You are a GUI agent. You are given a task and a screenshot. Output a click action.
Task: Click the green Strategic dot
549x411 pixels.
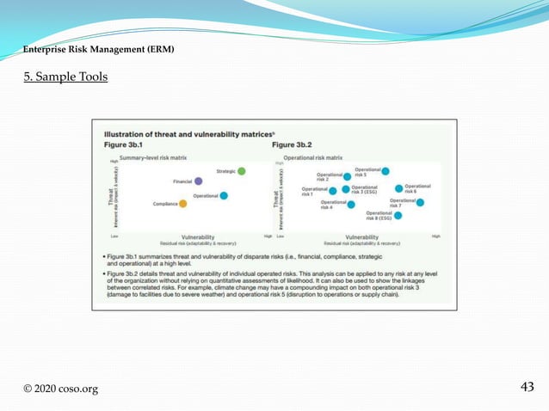(x=242, y=171)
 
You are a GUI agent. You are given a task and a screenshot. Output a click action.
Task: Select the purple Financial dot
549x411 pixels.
(x=199, y=181)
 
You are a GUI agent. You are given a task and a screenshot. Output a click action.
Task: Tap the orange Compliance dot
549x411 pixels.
(x=183, y=204)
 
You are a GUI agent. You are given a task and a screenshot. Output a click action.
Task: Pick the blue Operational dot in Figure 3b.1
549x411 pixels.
(x=224, y=196)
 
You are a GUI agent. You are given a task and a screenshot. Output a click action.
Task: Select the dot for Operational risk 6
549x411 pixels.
(x=398, y=188)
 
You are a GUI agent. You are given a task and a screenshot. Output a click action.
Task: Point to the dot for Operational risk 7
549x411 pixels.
(x=420, y=202)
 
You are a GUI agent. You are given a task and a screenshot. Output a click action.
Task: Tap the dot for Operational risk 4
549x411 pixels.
(x=351, y=205)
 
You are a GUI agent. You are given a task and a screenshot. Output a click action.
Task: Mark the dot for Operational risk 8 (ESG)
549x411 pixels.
(x=399, y=216)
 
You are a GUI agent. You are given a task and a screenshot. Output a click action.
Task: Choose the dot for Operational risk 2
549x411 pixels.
(x=347, y=177)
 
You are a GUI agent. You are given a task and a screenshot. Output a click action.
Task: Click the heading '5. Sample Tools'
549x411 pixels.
(x=65, y=77)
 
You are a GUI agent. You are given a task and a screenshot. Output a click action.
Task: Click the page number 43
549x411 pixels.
(x=528, y=387)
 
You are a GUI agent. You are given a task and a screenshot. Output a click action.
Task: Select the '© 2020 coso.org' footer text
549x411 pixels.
(x=60, y=389)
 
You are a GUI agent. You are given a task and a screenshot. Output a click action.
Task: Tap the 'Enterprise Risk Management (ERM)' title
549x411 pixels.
(x=99, y=50)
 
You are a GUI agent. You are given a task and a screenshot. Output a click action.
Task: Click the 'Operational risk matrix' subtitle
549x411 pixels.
(x=313, y=159)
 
